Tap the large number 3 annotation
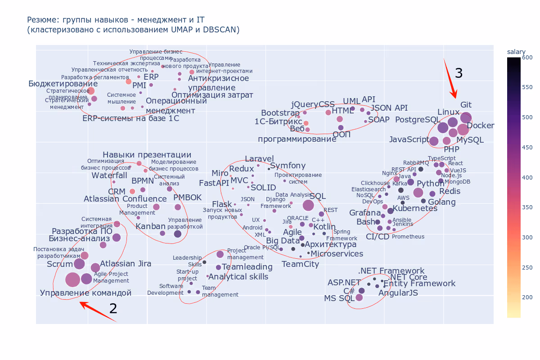(x=459, y=73)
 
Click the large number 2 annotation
(x=113, y=308)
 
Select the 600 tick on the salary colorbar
(x=527, y=58)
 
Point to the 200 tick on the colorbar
(x=527, y=297)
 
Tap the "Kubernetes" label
(x=415, y=209)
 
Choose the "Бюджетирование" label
(x=63, y=84)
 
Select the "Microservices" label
(x=337, y=254)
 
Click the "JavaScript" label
(x=409, y=139)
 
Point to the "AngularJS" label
(x=398, y=293)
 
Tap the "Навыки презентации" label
(x=147, y=155)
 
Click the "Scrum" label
(x=60, y=264)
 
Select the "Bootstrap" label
(x=280, y=113)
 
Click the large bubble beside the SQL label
(x=308, y=205)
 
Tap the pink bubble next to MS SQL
(x=359, y=297)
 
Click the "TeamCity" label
(x=300, y=264)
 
